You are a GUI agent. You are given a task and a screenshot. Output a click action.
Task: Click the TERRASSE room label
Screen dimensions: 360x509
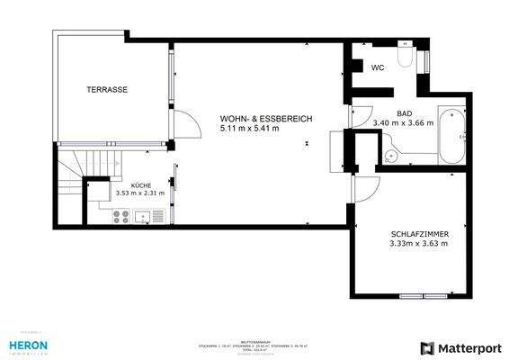point(106,90)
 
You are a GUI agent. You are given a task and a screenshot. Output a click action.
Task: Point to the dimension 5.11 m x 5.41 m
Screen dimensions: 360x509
point(249,130)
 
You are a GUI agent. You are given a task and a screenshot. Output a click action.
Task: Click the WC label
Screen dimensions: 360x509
point(379,67)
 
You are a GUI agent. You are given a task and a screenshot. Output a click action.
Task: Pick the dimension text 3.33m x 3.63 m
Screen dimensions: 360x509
point(418,242)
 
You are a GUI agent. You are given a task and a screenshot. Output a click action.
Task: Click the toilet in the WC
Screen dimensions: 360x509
point(406,59)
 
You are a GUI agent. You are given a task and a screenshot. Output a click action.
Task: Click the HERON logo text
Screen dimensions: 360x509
point(29,345)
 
